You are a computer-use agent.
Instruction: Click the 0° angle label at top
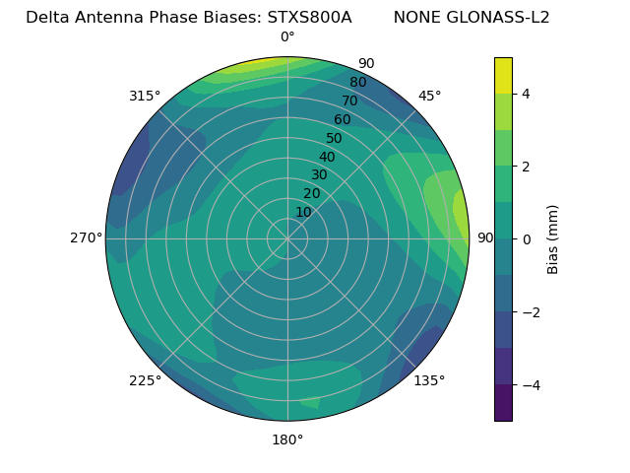pos(287,37)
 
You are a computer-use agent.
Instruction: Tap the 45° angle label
pos(429,96)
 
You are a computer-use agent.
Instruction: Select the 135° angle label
pos(429,380)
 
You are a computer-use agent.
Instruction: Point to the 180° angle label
pos(287,439)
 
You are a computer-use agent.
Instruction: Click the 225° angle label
pos(145,380)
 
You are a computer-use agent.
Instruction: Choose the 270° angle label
pos(86,237)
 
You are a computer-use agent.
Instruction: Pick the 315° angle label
pos(145,96)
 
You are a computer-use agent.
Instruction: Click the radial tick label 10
pos(303,212)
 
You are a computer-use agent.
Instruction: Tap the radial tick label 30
pos(319,174)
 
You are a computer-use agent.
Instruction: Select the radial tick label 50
pos(335,138)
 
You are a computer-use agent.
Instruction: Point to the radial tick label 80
pos(357,82)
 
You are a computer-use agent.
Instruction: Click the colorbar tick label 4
pos(527,94)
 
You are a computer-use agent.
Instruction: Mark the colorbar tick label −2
pos(531,312)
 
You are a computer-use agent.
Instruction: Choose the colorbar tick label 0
pos(527,239)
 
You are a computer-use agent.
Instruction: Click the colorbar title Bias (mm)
pos(553,239)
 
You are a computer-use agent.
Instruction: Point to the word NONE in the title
pos(416,18)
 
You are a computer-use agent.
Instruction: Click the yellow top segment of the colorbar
pos(503,75)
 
